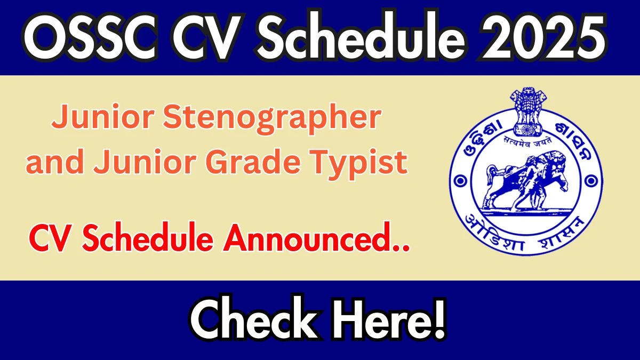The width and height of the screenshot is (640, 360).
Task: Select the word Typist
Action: coord(358,165)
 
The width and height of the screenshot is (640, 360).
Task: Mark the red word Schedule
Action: coord(148,237)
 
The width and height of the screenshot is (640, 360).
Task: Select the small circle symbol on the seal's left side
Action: coord(460,181)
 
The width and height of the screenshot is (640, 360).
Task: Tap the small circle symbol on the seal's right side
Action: coord(591,181)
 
